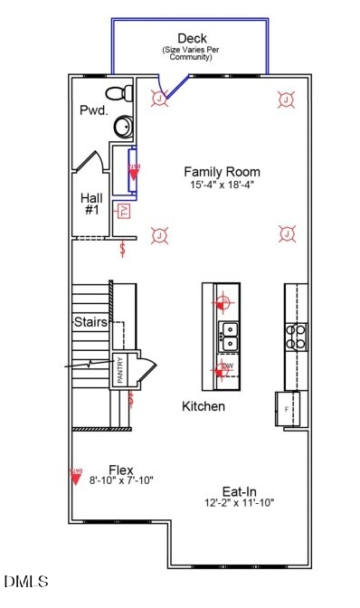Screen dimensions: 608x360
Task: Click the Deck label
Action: pyautogui.click(x=192, y=38)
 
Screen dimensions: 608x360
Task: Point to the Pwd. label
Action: pyautogui.click(x=94, y=110)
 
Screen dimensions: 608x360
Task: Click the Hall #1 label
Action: pyautogui.click(x=91, y=204)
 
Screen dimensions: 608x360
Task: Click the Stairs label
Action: pyautogui.click(x=90, y=322)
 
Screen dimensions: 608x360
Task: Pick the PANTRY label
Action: pyautogui.click(x=118, y=371)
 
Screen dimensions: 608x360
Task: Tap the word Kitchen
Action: pyautogui.click(x=204, y=406)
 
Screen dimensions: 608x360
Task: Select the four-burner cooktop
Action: pyautogui.click(x=296, y=337)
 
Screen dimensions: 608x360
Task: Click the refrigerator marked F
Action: pyautogui.click(x=289, y=408)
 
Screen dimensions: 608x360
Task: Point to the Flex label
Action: pyautogui.click(x=121, y=470)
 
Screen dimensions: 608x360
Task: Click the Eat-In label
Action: pyautogui.click(x=240, y=491)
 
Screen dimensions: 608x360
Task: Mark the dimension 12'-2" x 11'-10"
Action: pyautogui.click(x=240, y=502)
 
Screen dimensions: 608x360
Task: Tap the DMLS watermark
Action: pyautogui.click(x=25, y=581)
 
